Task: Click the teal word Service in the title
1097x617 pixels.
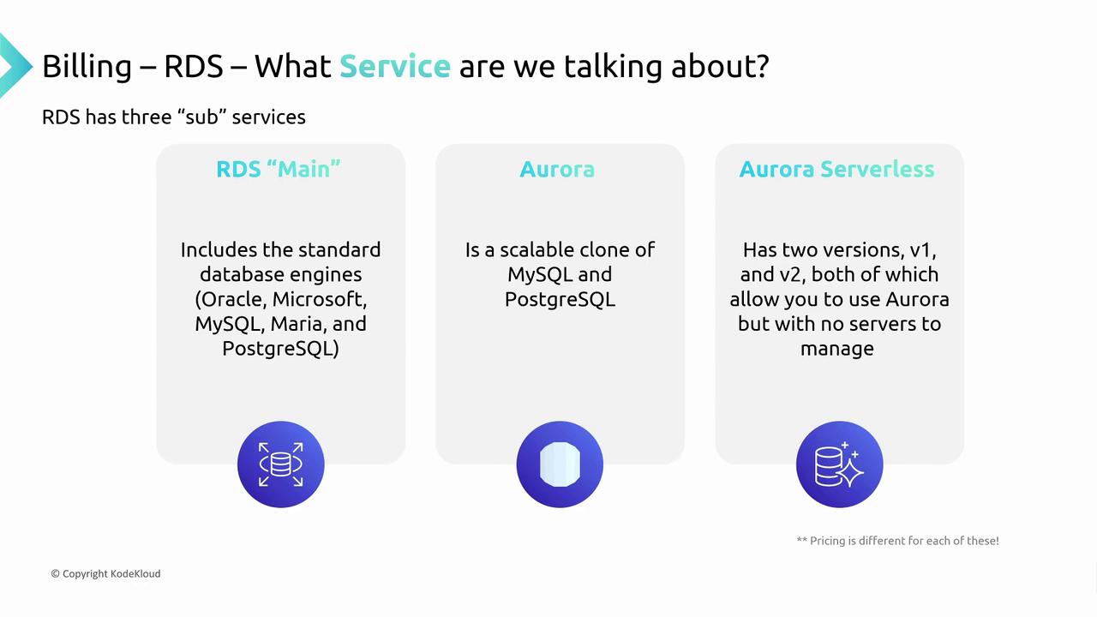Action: click(x=395, y=66)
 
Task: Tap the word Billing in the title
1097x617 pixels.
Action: click(x=87, y=67)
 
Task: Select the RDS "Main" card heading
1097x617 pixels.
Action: click(x=279, y=169)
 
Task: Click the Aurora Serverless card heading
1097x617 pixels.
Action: click(x=837, y=169)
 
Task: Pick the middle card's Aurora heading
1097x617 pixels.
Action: click(x=557, y=169)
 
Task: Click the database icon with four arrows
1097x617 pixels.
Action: click(x=280, y=464)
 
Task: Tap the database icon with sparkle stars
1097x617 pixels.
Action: click(x=839, y=464)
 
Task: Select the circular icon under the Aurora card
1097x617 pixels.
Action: click(x=560, y=464)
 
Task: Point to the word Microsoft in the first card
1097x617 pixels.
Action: click(x=320, y=299)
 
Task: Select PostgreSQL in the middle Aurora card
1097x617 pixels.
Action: click(x=560, y=300)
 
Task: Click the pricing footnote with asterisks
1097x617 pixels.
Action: click(x=897, y=541)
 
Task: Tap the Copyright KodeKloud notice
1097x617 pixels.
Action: click(x=105, y=573)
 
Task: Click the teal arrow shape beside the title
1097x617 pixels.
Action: click(x=15, y=66)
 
